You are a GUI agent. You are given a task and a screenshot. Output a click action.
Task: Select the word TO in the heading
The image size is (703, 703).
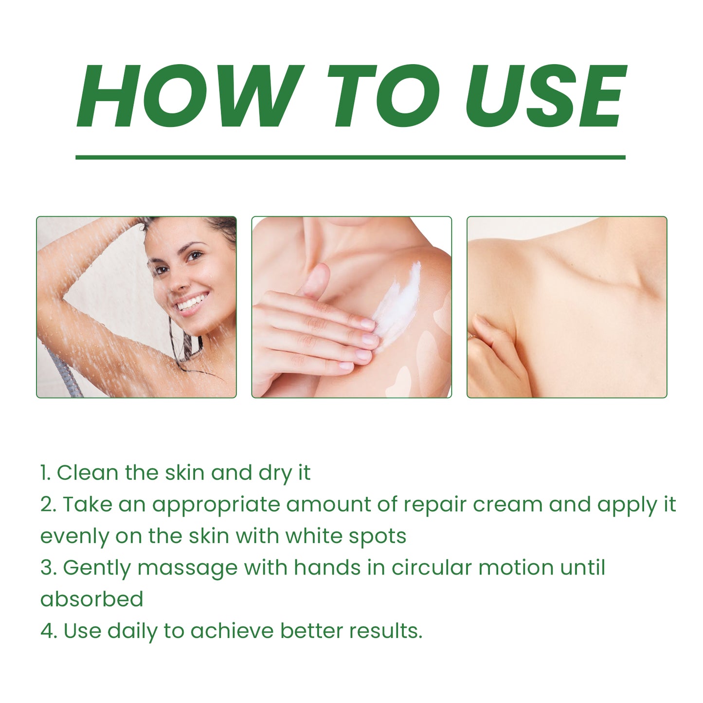click(x=383, y=96)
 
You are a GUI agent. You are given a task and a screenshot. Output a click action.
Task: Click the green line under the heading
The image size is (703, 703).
click(x=350, y=157)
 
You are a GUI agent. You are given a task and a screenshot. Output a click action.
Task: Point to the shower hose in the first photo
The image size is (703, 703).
click(x=63, y=372)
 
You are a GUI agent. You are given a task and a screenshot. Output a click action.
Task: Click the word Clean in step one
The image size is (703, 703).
click(x=88, y=473)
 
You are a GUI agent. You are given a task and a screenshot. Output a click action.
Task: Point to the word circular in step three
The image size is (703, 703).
click(x=432, y=568)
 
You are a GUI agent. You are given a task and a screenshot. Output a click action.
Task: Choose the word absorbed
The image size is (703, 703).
click(x=92, y=599)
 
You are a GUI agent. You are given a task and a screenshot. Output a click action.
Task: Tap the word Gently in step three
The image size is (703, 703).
click(x=97, y=568)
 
